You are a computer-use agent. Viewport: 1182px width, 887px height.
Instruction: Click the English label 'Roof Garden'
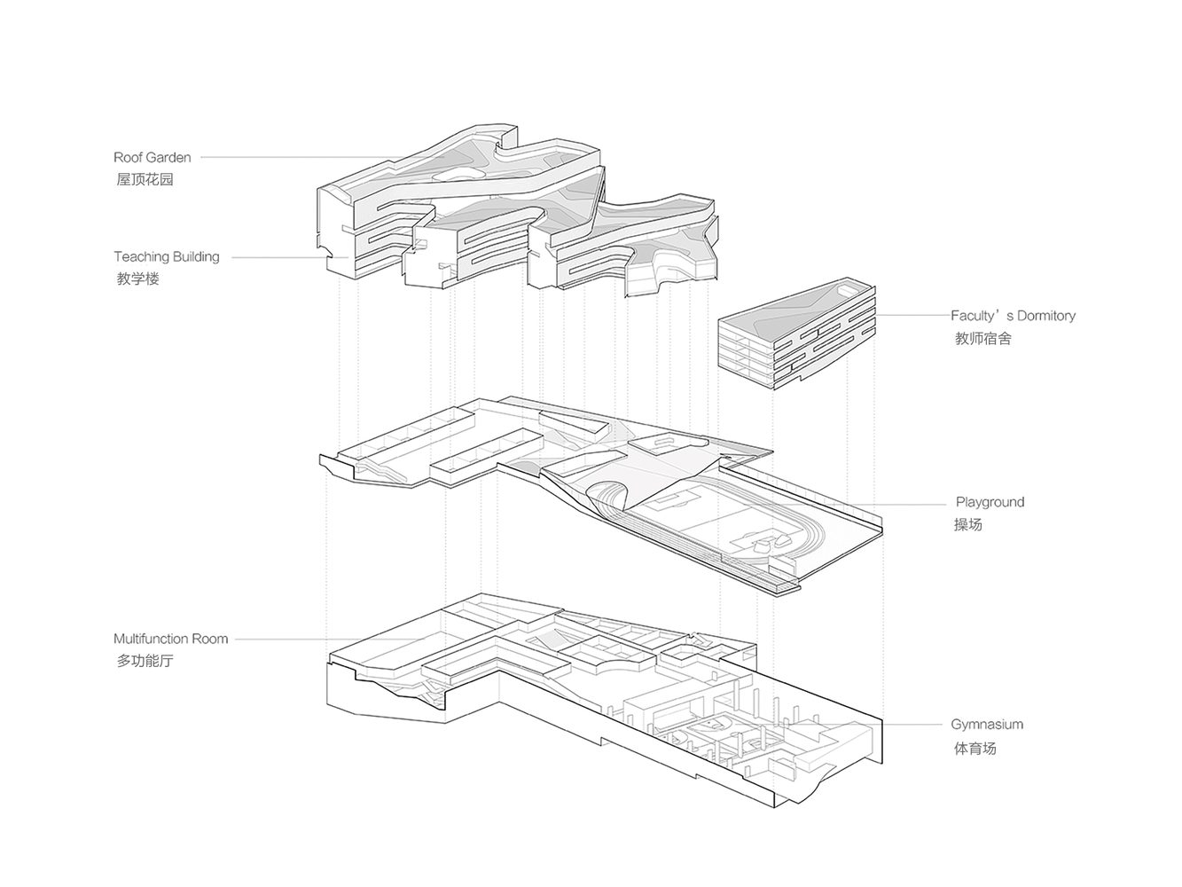[x=152, y=157]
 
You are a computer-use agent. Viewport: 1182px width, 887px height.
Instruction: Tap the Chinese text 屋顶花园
[x=145, y=179]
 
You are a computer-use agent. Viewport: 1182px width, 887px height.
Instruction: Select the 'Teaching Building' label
[x=166, y=257]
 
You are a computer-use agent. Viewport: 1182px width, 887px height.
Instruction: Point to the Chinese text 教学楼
[x=137, y=279]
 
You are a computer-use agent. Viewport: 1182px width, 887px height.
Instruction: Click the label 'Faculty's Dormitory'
[x=1013, y=315]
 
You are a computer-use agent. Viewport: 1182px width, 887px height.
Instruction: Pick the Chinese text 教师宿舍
[x=982, y=338]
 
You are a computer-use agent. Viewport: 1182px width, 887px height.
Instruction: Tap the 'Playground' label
[x=990, y=502]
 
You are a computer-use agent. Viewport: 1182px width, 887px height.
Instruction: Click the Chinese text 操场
[x=968, y=524]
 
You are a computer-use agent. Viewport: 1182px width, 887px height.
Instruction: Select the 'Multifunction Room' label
[x=170, y=639]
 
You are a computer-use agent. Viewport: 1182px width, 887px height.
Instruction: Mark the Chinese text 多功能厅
[x=145, y=661]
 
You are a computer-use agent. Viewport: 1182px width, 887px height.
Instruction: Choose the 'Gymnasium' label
[x=987, y=725]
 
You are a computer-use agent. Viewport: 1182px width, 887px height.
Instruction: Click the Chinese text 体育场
[x=975, y=748]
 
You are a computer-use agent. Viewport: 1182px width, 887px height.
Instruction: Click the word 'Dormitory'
[x=1045, y=315]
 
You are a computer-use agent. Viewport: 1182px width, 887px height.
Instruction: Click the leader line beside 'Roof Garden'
[x=293, y=158]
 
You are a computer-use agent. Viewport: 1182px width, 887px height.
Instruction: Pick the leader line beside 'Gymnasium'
[x=913, y=725]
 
